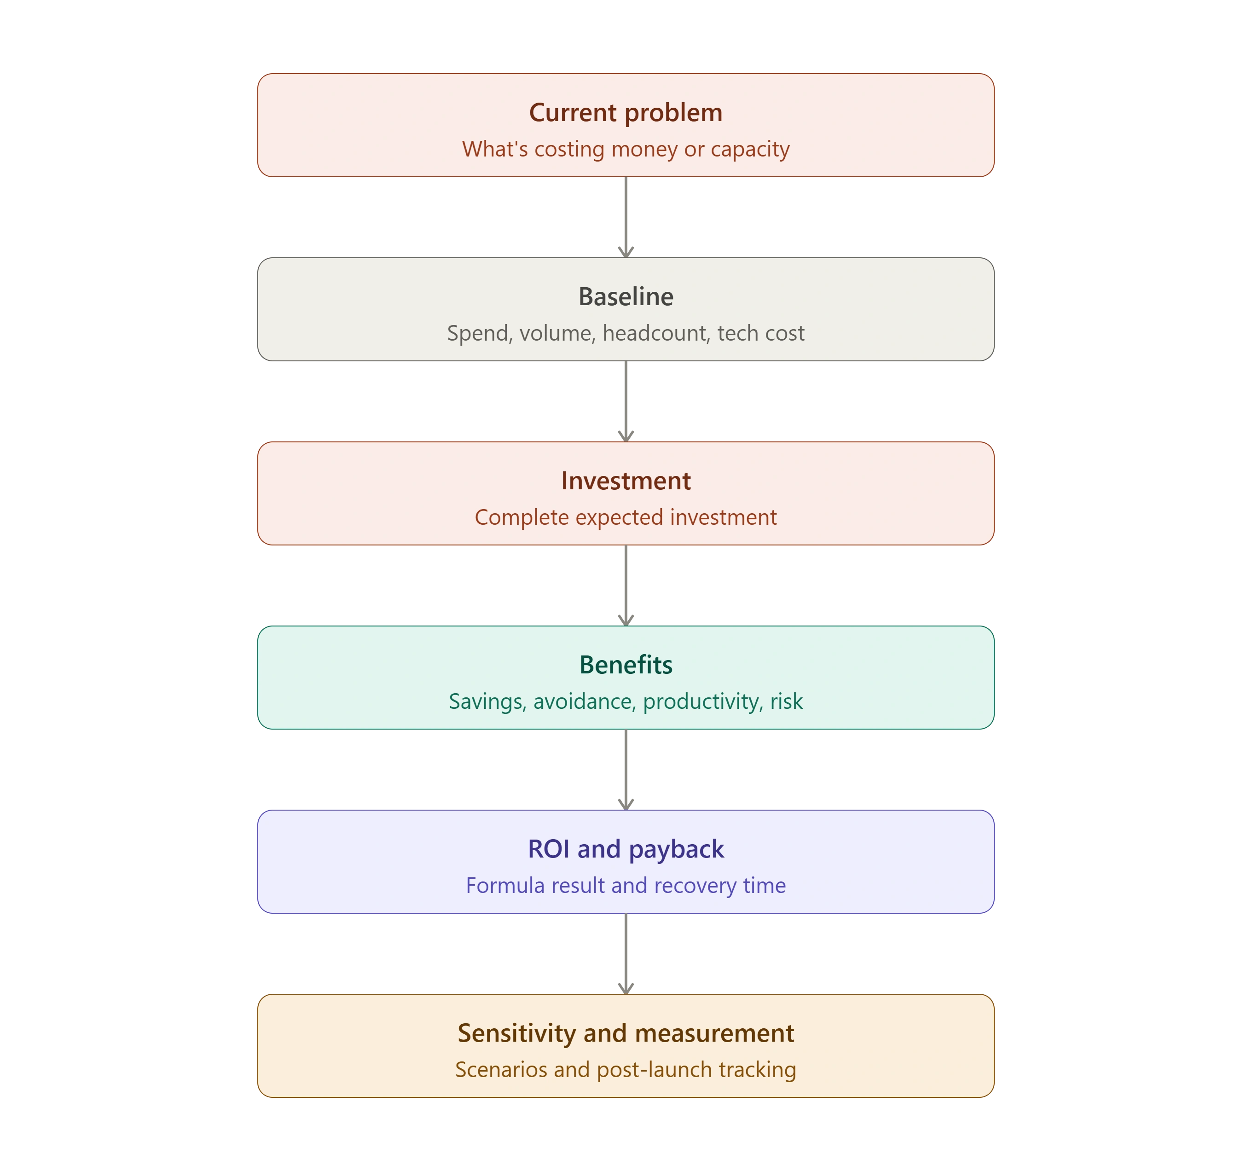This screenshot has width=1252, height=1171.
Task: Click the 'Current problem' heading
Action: [626, 113]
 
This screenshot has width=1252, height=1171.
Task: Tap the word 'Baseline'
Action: [626, 297]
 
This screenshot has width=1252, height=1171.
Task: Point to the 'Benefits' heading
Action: [626, 665]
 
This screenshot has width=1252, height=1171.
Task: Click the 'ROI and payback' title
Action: [626, 850]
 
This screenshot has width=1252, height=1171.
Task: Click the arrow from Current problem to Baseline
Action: [626, 217]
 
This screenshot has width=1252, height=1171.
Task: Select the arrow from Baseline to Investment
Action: [626, 401]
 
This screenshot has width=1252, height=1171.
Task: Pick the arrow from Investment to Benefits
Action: [626, 585]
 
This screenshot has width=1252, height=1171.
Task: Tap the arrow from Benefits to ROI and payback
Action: [626, 769]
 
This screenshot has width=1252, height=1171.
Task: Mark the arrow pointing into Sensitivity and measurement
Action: [626, 953]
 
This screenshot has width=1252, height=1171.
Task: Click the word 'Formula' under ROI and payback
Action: [505, 886]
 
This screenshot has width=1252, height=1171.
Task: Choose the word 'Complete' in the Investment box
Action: [522, 518]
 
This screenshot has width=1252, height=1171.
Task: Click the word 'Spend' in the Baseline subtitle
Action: [480, 334]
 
